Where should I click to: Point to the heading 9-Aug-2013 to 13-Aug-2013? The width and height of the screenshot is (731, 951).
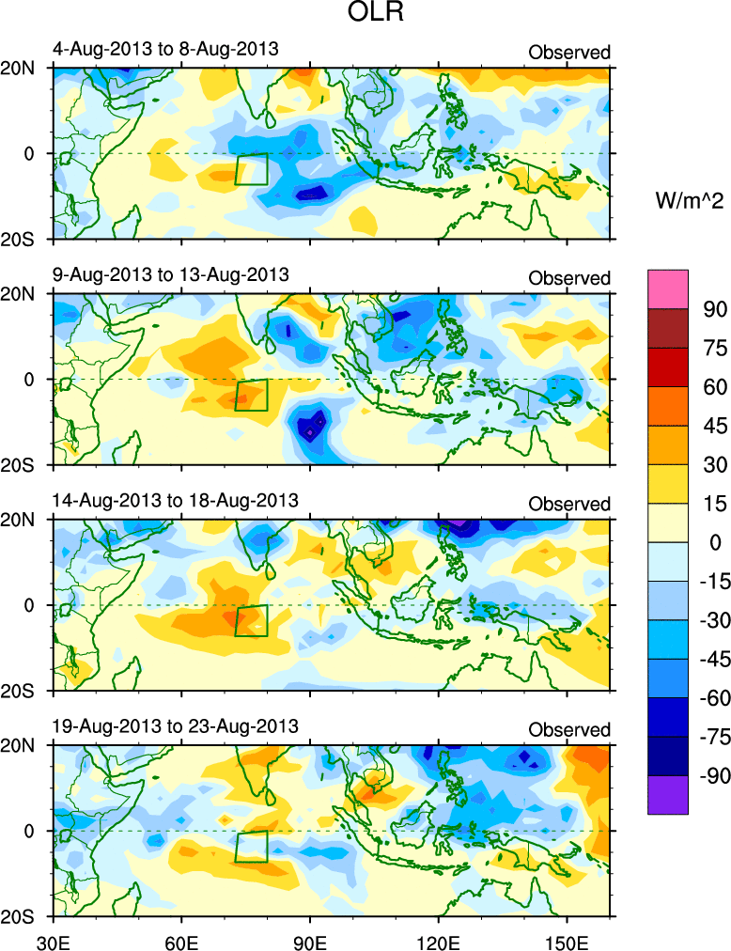click(170, 274)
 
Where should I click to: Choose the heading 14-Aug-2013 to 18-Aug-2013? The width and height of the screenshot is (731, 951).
click(175, 500)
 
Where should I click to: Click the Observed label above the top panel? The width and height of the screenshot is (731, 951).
click(569, 53)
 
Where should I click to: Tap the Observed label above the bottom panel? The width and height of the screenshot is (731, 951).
click(569, 729)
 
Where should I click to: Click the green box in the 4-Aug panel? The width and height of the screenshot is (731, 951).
click(251, 168)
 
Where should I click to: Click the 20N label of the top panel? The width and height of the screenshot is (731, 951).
click(24, 68)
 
